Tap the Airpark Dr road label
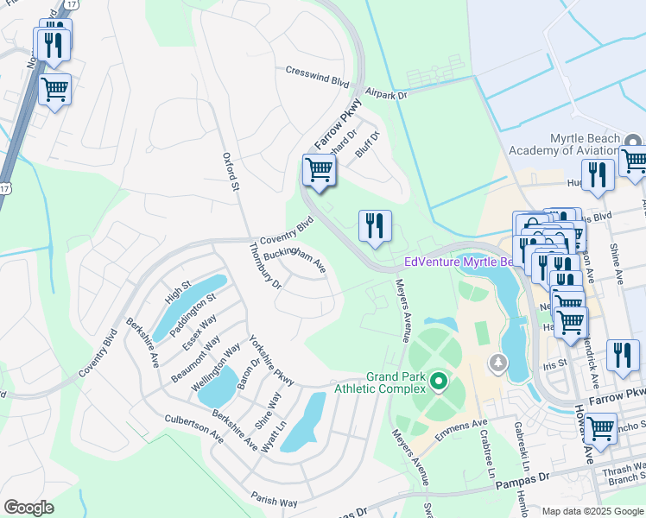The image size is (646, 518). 385,92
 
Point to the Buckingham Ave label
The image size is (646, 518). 294,256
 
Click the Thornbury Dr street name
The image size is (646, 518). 264,267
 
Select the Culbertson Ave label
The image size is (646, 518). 194,428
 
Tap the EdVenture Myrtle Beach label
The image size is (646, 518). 464,262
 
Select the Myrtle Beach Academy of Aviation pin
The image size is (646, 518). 633,141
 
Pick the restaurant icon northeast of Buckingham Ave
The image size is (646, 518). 375,226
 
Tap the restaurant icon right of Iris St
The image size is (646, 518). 622,355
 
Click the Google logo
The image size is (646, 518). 29,508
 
